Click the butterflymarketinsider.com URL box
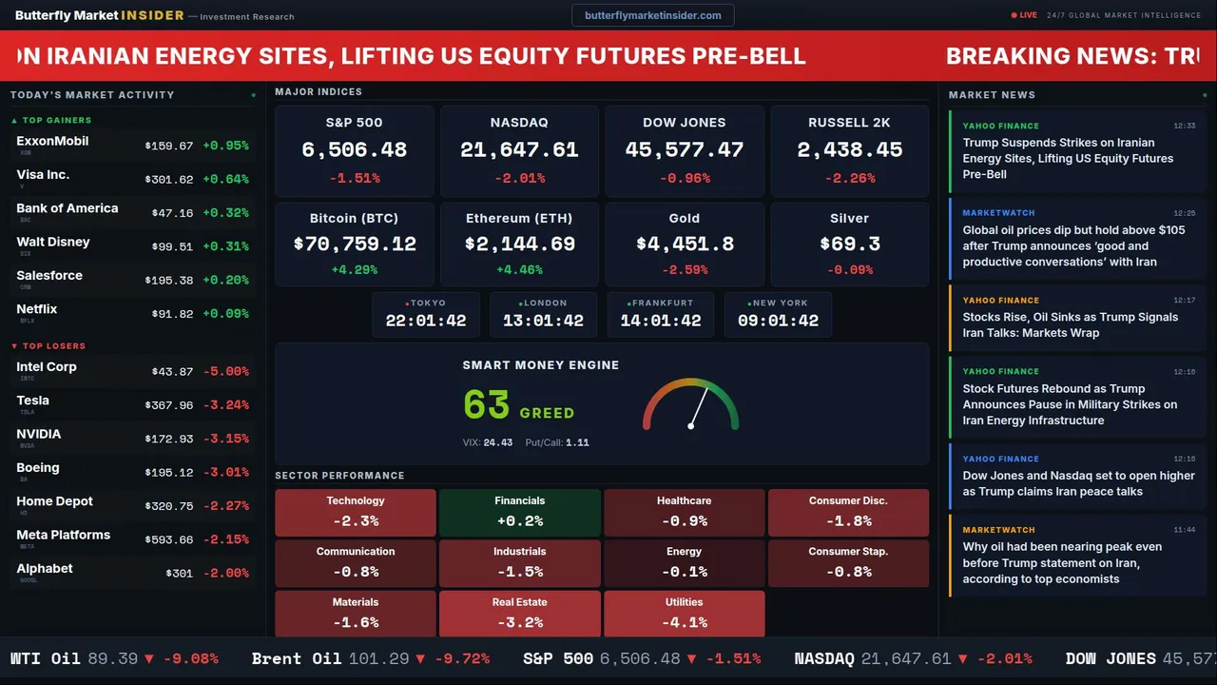pos(652,15)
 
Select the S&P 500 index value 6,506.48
pos(354,150)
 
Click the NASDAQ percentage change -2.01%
pos(519,178)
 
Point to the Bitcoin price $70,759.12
pos(355,245)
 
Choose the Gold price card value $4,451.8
pos(685,245)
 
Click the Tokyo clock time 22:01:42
pos(426,321)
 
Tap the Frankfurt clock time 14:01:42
pos(661,321)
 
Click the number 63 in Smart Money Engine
pos(487,405)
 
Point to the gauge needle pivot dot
pos(691,425)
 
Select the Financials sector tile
pos(519,512)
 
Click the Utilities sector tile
pos(684,614)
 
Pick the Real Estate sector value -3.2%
pos(519,623)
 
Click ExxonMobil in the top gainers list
pos(52,141)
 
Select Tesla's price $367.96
pos(169,405)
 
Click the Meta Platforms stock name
pos(63,535)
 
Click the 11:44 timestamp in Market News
pos(1184,530)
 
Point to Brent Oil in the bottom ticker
pos(296,658)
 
